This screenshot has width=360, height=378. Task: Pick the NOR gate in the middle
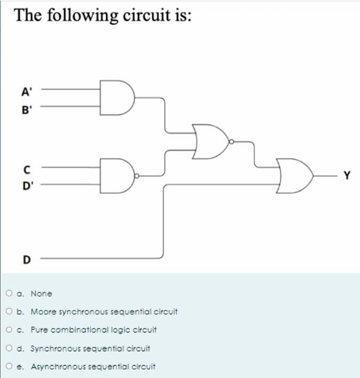[210, 142]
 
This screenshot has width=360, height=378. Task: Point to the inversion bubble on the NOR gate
[232, 142]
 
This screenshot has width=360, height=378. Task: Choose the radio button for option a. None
[10, 294]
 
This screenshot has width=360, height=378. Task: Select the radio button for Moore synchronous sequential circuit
[10, 311]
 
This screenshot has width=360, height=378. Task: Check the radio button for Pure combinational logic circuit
[10, 330]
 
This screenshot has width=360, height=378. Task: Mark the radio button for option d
[10, 349]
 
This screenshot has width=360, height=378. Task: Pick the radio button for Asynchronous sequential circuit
[10, 366]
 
